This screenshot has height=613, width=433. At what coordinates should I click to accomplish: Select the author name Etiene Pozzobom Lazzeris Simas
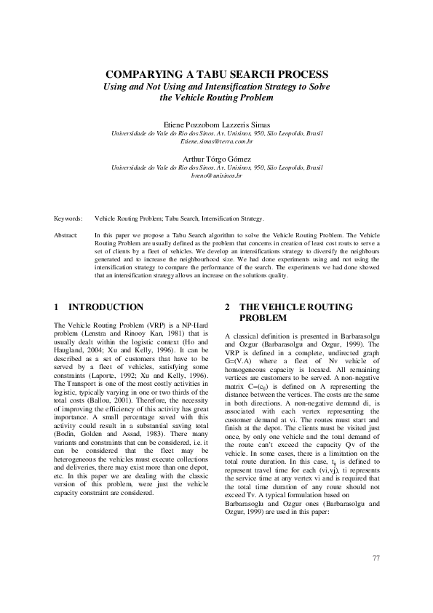[x=216, y=124]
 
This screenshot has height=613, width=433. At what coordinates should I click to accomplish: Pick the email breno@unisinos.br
[x=216, y=175]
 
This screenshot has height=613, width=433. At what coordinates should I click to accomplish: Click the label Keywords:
[x=69, y=218]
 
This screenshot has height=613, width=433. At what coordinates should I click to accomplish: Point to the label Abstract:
[x=68, y=236]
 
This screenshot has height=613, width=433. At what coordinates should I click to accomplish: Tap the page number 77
[x=376, y=558]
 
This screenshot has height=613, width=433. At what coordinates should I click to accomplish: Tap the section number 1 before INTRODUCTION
[x=57, y=307]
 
